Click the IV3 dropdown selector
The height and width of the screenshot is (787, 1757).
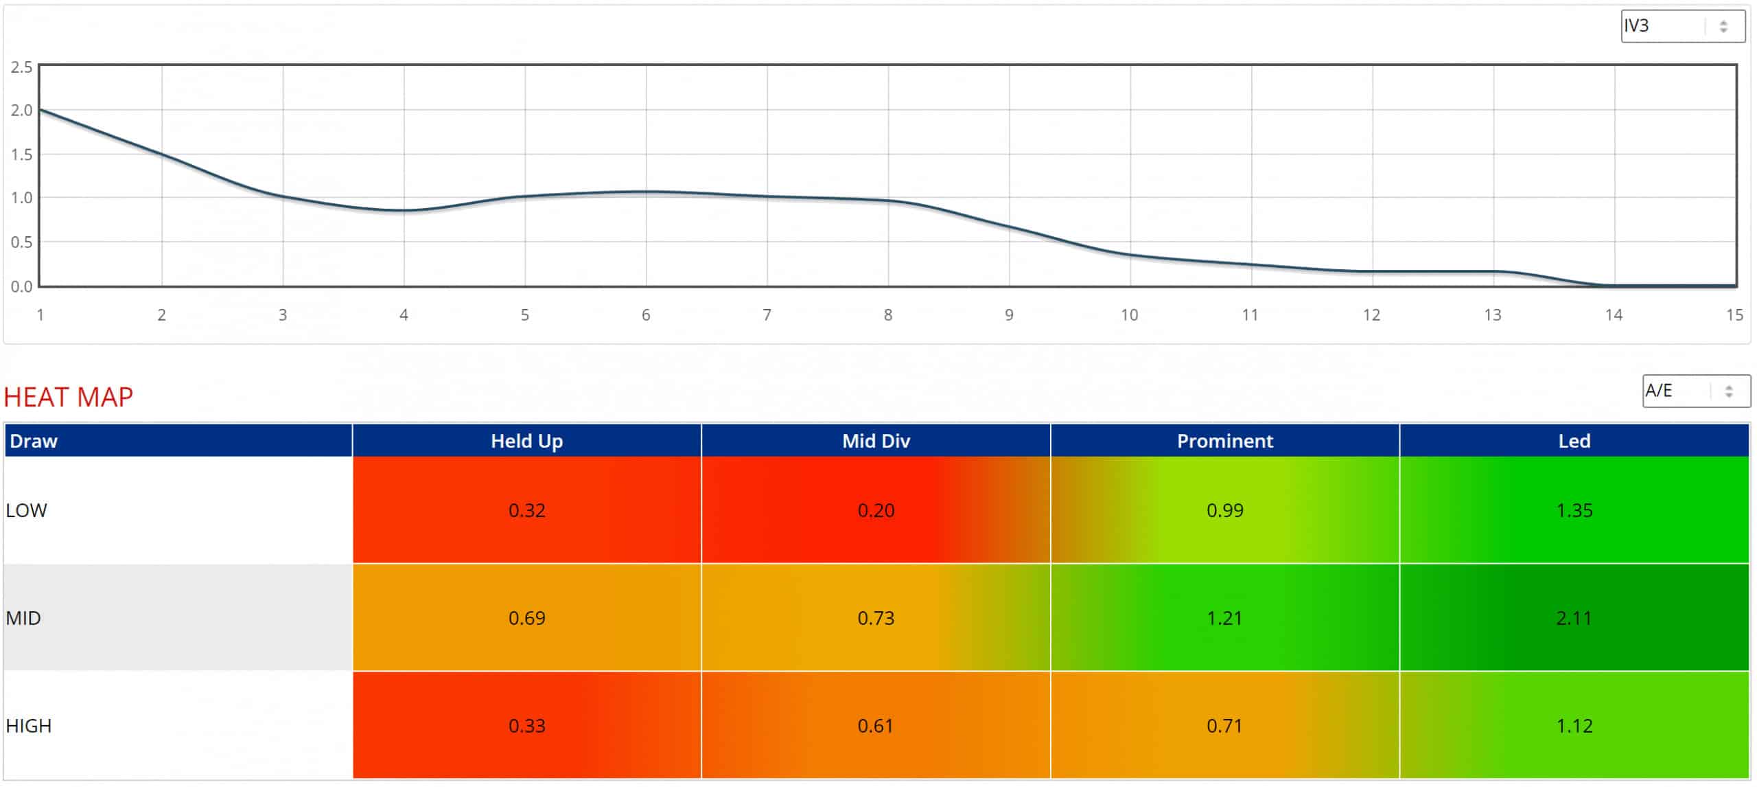[x=1682, y=26]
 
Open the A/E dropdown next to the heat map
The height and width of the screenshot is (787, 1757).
[x=1695, y=391]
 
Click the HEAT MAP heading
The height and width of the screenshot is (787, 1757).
[x=68, y=397]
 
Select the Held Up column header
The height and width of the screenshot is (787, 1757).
[x=526, y=441]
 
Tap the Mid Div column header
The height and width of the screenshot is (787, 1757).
[x=876, y=441]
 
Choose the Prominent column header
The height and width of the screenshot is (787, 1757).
[x=1224, y=441]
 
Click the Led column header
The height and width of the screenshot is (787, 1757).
[x=1574, y=441]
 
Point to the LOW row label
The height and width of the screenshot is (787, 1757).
[x=27, y=510]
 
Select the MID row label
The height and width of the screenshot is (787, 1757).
[x=23, y=618]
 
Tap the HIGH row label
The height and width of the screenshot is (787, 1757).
[x=29, y=726]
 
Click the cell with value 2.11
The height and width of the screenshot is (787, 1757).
[x=1574, y=618]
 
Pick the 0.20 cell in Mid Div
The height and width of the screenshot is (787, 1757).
[x=876, y=510]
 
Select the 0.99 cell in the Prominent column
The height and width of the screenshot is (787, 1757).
[x=1224, y=510]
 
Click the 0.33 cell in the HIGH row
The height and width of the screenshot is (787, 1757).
[x=526, y=726]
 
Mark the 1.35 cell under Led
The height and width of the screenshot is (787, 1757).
[x=1574, y=510]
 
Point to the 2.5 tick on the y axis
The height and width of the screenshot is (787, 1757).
[x=22, y=67]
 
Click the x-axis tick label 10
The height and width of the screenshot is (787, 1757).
[x=1129, y=315]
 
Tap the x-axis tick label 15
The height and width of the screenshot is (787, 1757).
[x=1734, y=315]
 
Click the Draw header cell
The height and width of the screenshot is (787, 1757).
[x=34, y=441]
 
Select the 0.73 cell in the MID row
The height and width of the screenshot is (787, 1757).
[x=876, y=618]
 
